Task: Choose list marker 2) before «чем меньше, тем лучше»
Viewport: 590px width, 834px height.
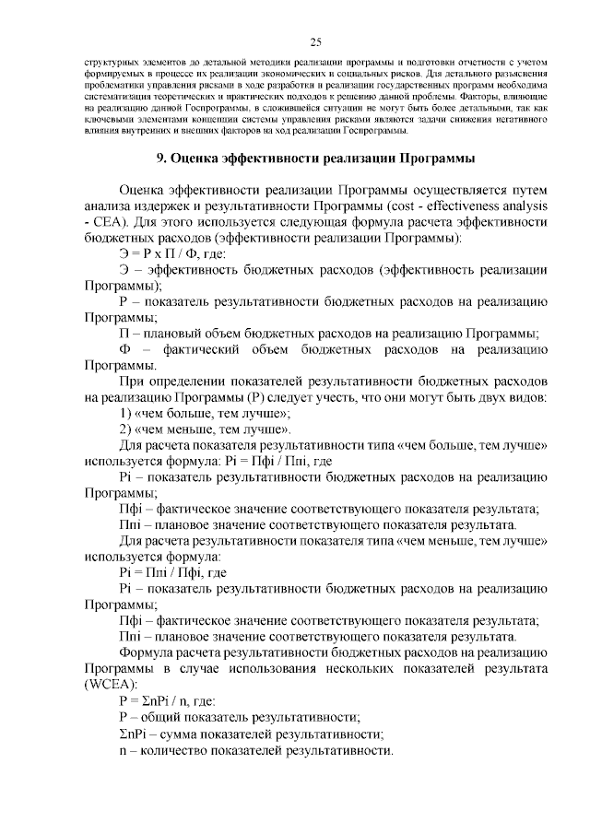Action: [127, 429]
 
